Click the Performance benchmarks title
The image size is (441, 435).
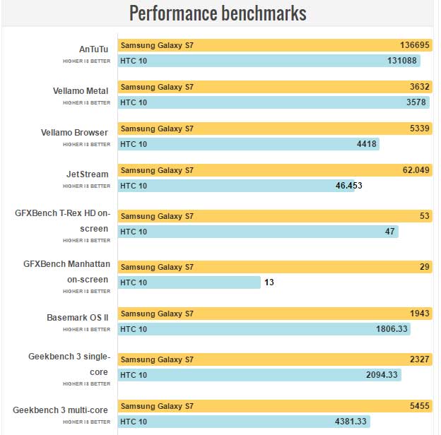tap(218, 13)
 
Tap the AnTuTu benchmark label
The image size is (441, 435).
tap(94, 49)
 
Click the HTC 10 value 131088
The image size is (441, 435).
tap(401, 61)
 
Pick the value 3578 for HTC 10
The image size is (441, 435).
tap(416, 102)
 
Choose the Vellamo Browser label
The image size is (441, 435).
tap(80, 133)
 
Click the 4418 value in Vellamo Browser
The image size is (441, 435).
tap(366, 144)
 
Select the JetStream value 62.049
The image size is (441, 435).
tap(415, 170)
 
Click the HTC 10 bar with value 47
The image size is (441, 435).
tap(258, 232)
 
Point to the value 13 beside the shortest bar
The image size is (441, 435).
tap(269, 282)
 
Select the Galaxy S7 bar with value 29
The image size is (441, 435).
tap(275, 267)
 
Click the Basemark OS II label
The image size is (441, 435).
tap(78, 318)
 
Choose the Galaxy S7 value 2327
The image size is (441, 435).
tap(418, 359)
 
